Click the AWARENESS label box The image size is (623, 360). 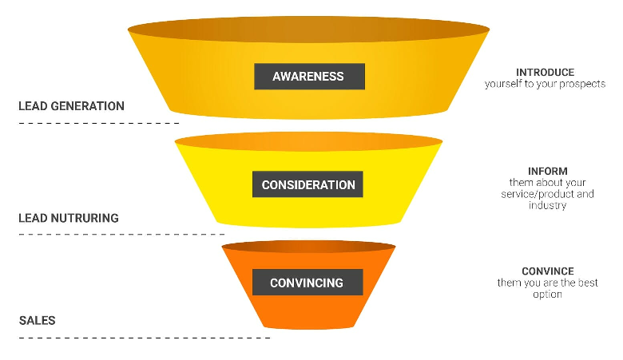(309, 77)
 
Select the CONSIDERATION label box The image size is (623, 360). (308, 184)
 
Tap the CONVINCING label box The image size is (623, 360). (307, 283)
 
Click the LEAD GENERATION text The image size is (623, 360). (71, 106)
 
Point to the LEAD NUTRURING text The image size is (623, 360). (69, 218)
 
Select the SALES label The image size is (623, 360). (37, 321)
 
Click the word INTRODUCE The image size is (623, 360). (545, 73)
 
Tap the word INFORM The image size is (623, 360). (548, 172)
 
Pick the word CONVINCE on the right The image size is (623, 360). (548, 271)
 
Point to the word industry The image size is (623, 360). (548, 205)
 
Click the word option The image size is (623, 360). (548, 294)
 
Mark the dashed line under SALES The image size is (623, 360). (144, 338)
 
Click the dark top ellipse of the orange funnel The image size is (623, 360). (308, 246)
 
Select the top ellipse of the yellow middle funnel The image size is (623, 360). (308, 142)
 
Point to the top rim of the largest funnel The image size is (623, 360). (308, 30)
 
